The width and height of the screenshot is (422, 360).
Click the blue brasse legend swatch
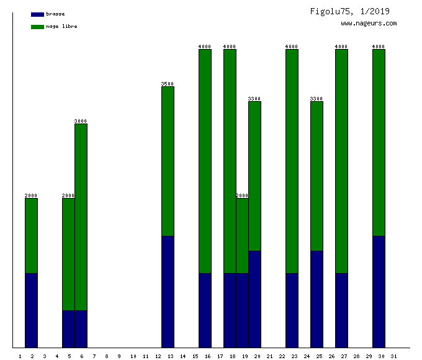click(37, 14)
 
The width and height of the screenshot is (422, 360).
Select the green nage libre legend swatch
click(37, 27)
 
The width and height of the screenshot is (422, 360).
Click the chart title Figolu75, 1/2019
click(350, 12)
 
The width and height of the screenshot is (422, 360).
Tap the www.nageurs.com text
click(369, 24)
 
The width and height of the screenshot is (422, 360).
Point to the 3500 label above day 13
click(168, 84)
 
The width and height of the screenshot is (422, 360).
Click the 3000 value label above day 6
click(81, 121)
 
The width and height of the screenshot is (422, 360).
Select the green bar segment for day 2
click(31, 236)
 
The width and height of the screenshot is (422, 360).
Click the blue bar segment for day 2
click(31, 310)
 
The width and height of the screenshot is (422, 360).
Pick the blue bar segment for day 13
click(168, 292)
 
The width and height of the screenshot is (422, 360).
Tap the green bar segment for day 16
click(205, 161)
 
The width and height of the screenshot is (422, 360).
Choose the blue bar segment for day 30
click(379, 292)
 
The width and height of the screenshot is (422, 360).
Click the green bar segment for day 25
click(316, 176)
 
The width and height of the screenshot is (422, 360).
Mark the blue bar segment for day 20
click(254, 299)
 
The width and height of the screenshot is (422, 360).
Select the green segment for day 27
click(341, 161)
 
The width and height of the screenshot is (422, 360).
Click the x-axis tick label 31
click(394, 356)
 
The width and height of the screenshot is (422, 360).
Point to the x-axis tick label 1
click(20, 356)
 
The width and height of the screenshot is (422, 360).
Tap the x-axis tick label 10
click(133, 356)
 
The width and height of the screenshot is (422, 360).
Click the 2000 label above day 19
click(242, 196)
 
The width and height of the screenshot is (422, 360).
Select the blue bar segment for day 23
click(292, 310)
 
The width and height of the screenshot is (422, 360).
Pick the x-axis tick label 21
click(269, 356)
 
